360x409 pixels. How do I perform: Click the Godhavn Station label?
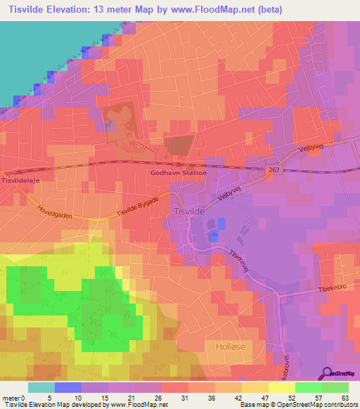(179, 173)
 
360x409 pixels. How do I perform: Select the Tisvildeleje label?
(19, 181)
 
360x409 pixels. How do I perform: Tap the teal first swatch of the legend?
(41, 387)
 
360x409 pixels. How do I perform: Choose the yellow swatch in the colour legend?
(281, 387)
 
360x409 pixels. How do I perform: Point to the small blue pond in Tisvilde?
(221, 223)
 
